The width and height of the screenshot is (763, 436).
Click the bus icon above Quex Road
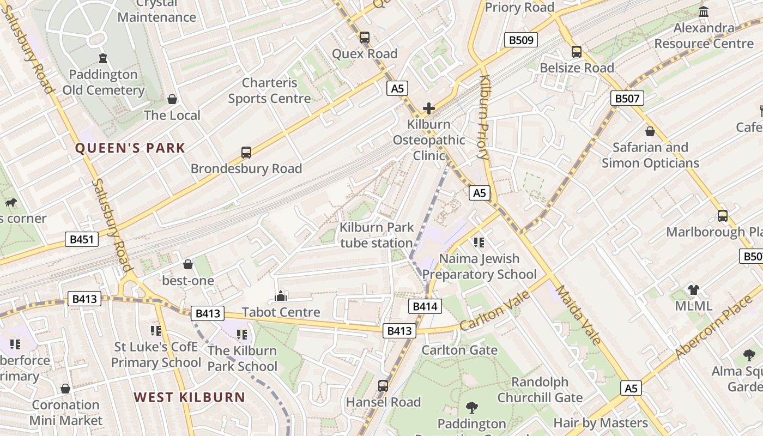(x=365, y=38)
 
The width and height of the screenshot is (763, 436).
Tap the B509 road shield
(x=520, y=40)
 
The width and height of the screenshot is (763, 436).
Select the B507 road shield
(x=627, y=98)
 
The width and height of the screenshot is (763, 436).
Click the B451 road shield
(x=81, y=239)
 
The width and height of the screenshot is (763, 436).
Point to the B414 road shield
(x=425, y=306)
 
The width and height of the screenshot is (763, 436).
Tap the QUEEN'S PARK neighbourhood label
(x=130, y=148)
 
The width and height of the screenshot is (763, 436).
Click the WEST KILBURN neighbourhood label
(x=190, y=397)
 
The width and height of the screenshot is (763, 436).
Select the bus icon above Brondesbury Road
(x=246, y=153)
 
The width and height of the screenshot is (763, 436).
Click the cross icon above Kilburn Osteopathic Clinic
(x=429, y=108)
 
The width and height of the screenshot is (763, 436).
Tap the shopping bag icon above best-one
(x=188, y=264)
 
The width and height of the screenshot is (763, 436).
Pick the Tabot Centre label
(x=281, y=312)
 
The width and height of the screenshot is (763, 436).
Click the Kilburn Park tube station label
(x=377, y=235)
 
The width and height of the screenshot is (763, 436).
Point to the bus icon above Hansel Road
(x=383, y=386)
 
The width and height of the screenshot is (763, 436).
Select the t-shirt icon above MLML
(x=693, y=289)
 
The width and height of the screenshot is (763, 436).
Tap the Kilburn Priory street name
(x=484, y=117)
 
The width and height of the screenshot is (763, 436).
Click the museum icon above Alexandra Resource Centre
(x=704, y=11)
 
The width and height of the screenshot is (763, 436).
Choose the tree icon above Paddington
(x=472, y=407)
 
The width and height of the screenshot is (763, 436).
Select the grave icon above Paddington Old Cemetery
(x=103, y=58)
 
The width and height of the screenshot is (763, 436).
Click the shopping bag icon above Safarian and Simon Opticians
(x=650, y=131)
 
